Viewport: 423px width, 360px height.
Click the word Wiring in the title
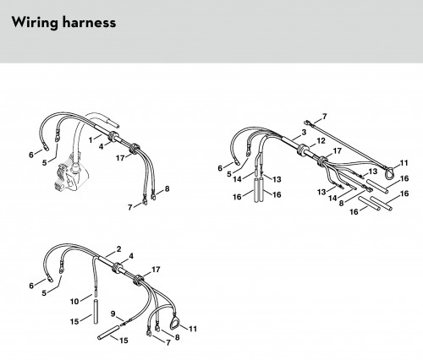click(35, 23)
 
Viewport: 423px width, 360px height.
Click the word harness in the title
click(89, 22)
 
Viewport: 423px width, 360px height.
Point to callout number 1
click(91, 140)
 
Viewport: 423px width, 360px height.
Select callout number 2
click(118, 249)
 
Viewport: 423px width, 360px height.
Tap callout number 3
click(304, 132)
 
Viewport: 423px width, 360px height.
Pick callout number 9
click(113, 314)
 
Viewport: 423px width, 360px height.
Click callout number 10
click(74, 302)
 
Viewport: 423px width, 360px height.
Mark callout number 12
click(321, 141)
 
